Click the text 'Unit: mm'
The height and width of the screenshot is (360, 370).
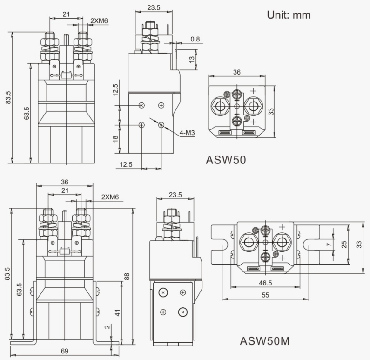click(x=289, y=15)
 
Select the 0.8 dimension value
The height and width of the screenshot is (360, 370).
click(x=195, y=39)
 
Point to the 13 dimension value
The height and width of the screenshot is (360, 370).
click(x=192, y=59)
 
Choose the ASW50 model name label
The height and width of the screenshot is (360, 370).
click(x=226, y=160)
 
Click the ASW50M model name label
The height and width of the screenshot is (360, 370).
click(x=264, y=341)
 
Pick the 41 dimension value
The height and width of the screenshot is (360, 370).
click(x=117, y=313)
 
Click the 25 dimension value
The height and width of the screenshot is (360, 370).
click(x=344, y=244)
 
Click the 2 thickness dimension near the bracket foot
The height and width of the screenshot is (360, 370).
click(x=108, y=327)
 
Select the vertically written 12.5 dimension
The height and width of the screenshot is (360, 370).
click(x=116, y=89)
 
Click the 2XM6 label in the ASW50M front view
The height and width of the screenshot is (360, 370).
click(x=110, y=197)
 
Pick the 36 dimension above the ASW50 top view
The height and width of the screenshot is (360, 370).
click(x=236, y=72)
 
